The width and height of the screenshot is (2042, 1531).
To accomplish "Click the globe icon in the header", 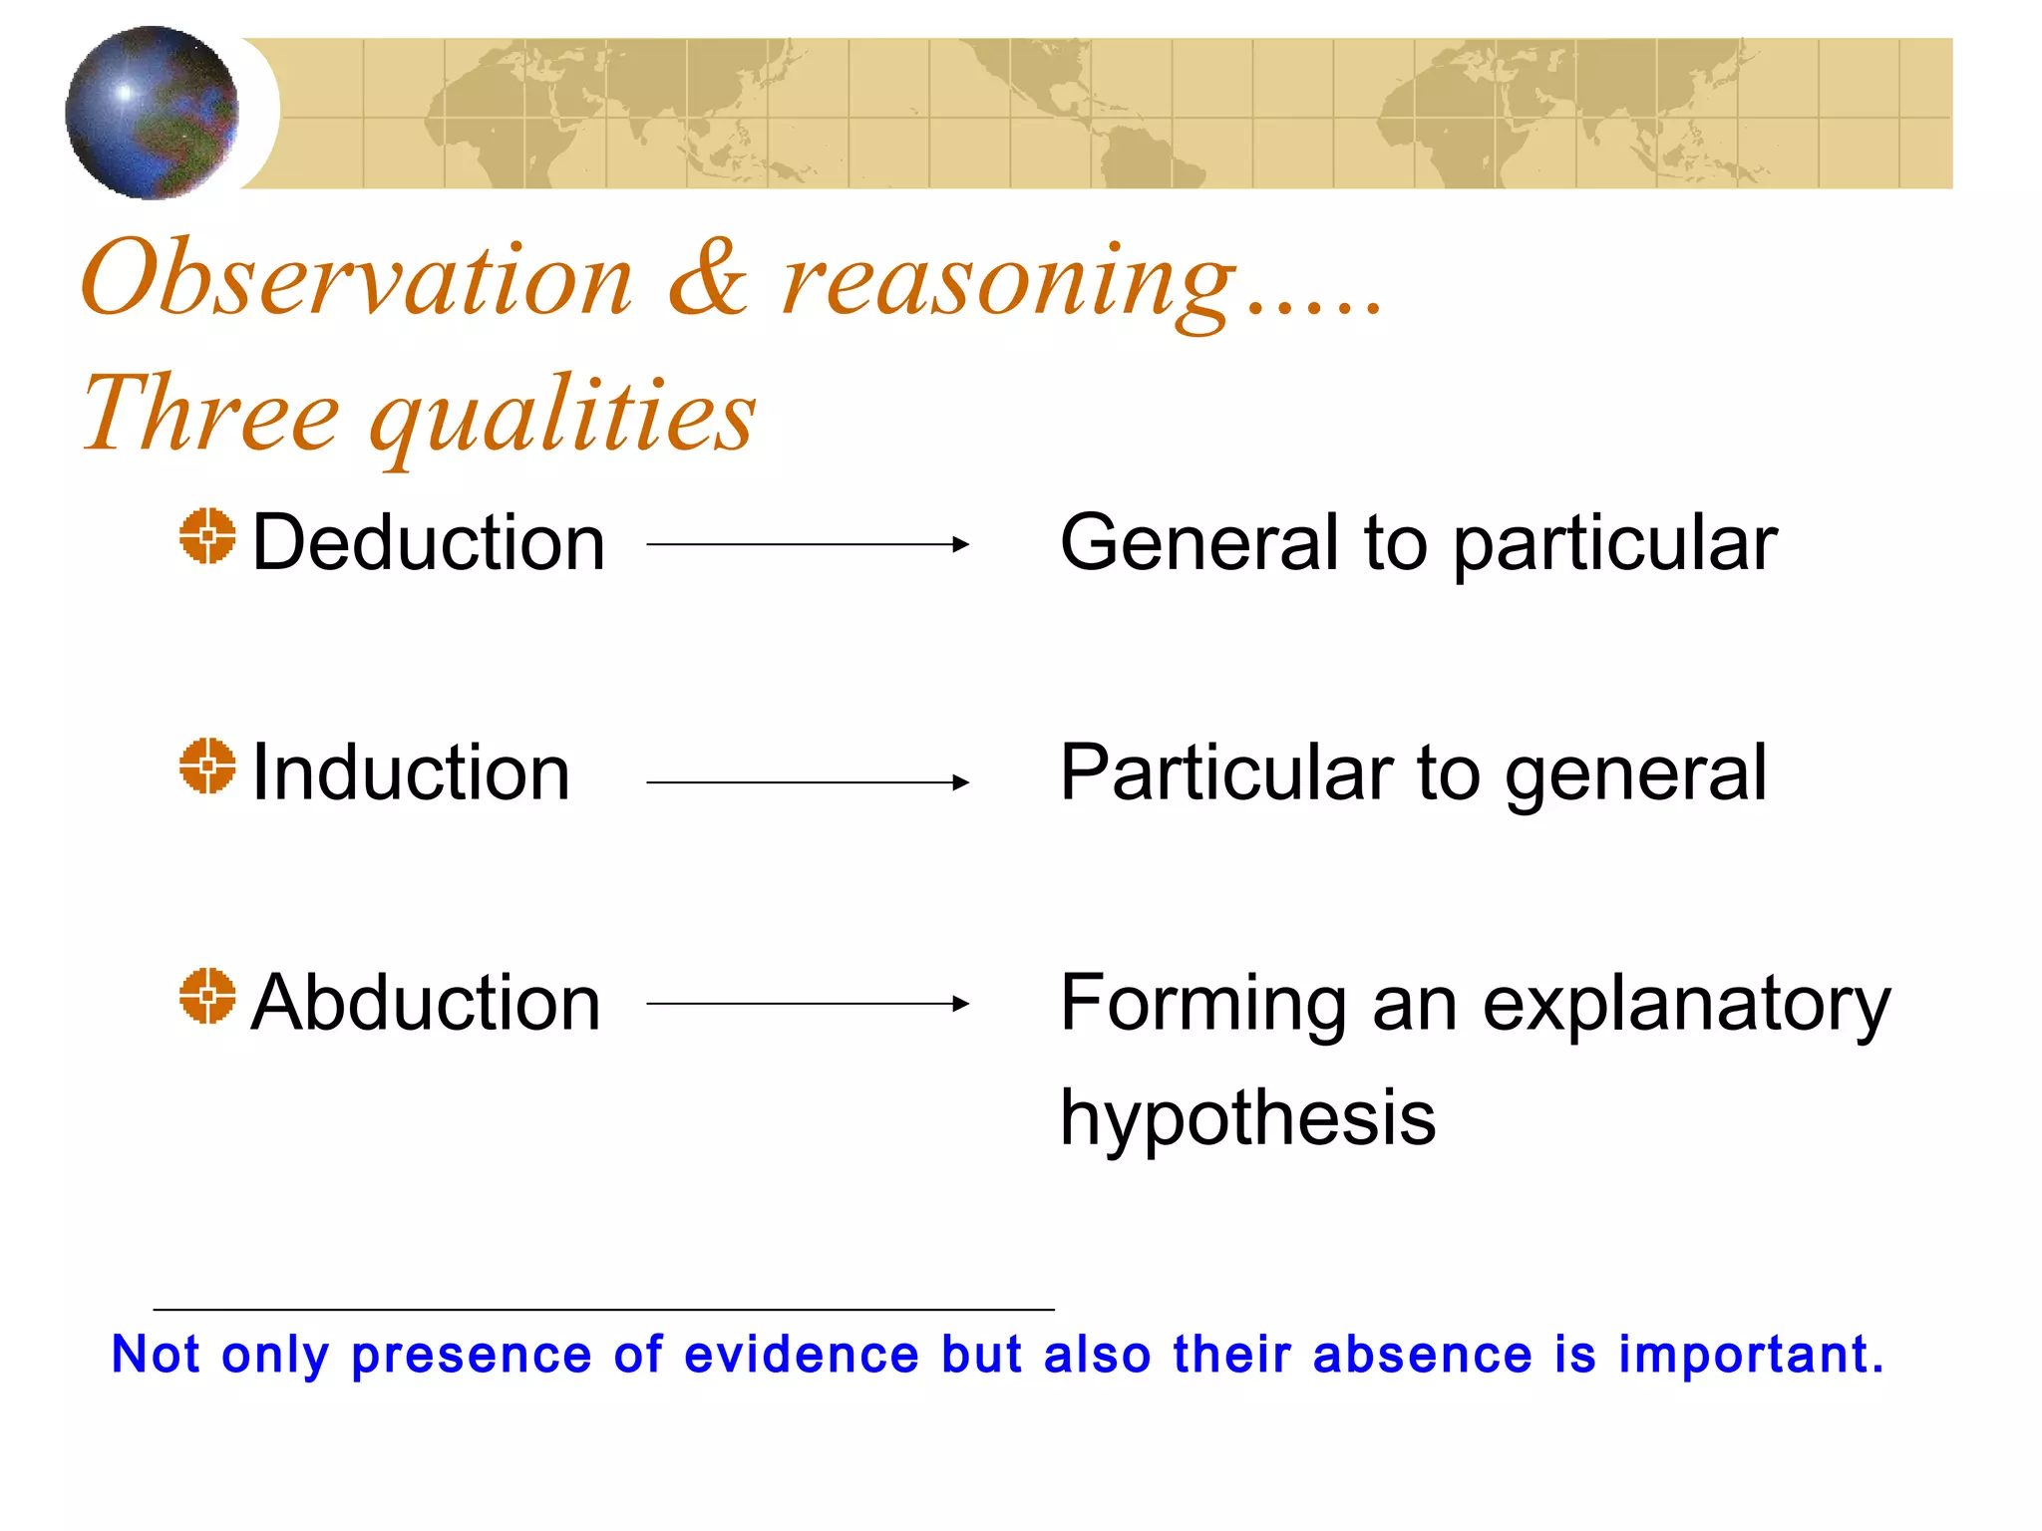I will click(x=152, y=113).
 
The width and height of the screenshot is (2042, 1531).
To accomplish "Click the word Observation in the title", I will click(x=357, y=279).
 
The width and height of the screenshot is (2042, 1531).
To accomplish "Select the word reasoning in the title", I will click(x=1007, y=284).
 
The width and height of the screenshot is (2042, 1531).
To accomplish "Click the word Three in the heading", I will click(x=210, y=414).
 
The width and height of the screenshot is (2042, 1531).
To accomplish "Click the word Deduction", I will click(x=429, y=543).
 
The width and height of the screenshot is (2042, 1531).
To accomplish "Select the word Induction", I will click(x=411, y=773).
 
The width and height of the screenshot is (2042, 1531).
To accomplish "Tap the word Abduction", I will click(x=426, y=1003).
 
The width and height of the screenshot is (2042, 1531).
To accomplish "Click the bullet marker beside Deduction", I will click(x=207, y=536).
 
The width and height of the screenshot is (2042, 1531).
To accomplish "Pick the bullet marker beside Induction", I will click(x=207, y=766).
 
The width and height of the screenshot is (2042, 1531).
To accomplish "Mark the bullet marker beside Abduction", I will click(x=207, y=996).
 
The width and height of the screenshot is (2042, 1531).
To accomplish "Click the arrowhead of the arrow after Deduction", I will click(x=960, y=544).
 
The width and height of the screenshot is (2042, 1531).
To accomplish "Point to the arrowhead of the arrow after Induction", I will click(x=960, y=782).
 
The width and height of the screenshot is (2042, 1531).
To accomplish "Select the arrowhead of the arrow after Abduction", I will click(x=960, y=1004).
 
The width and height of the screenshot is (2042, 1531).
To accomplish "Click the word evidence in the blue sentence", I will click(x=802, y=1355).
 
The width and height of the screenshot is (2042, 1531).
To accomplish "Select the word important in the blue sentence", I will click(x=1750, y=1356).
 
